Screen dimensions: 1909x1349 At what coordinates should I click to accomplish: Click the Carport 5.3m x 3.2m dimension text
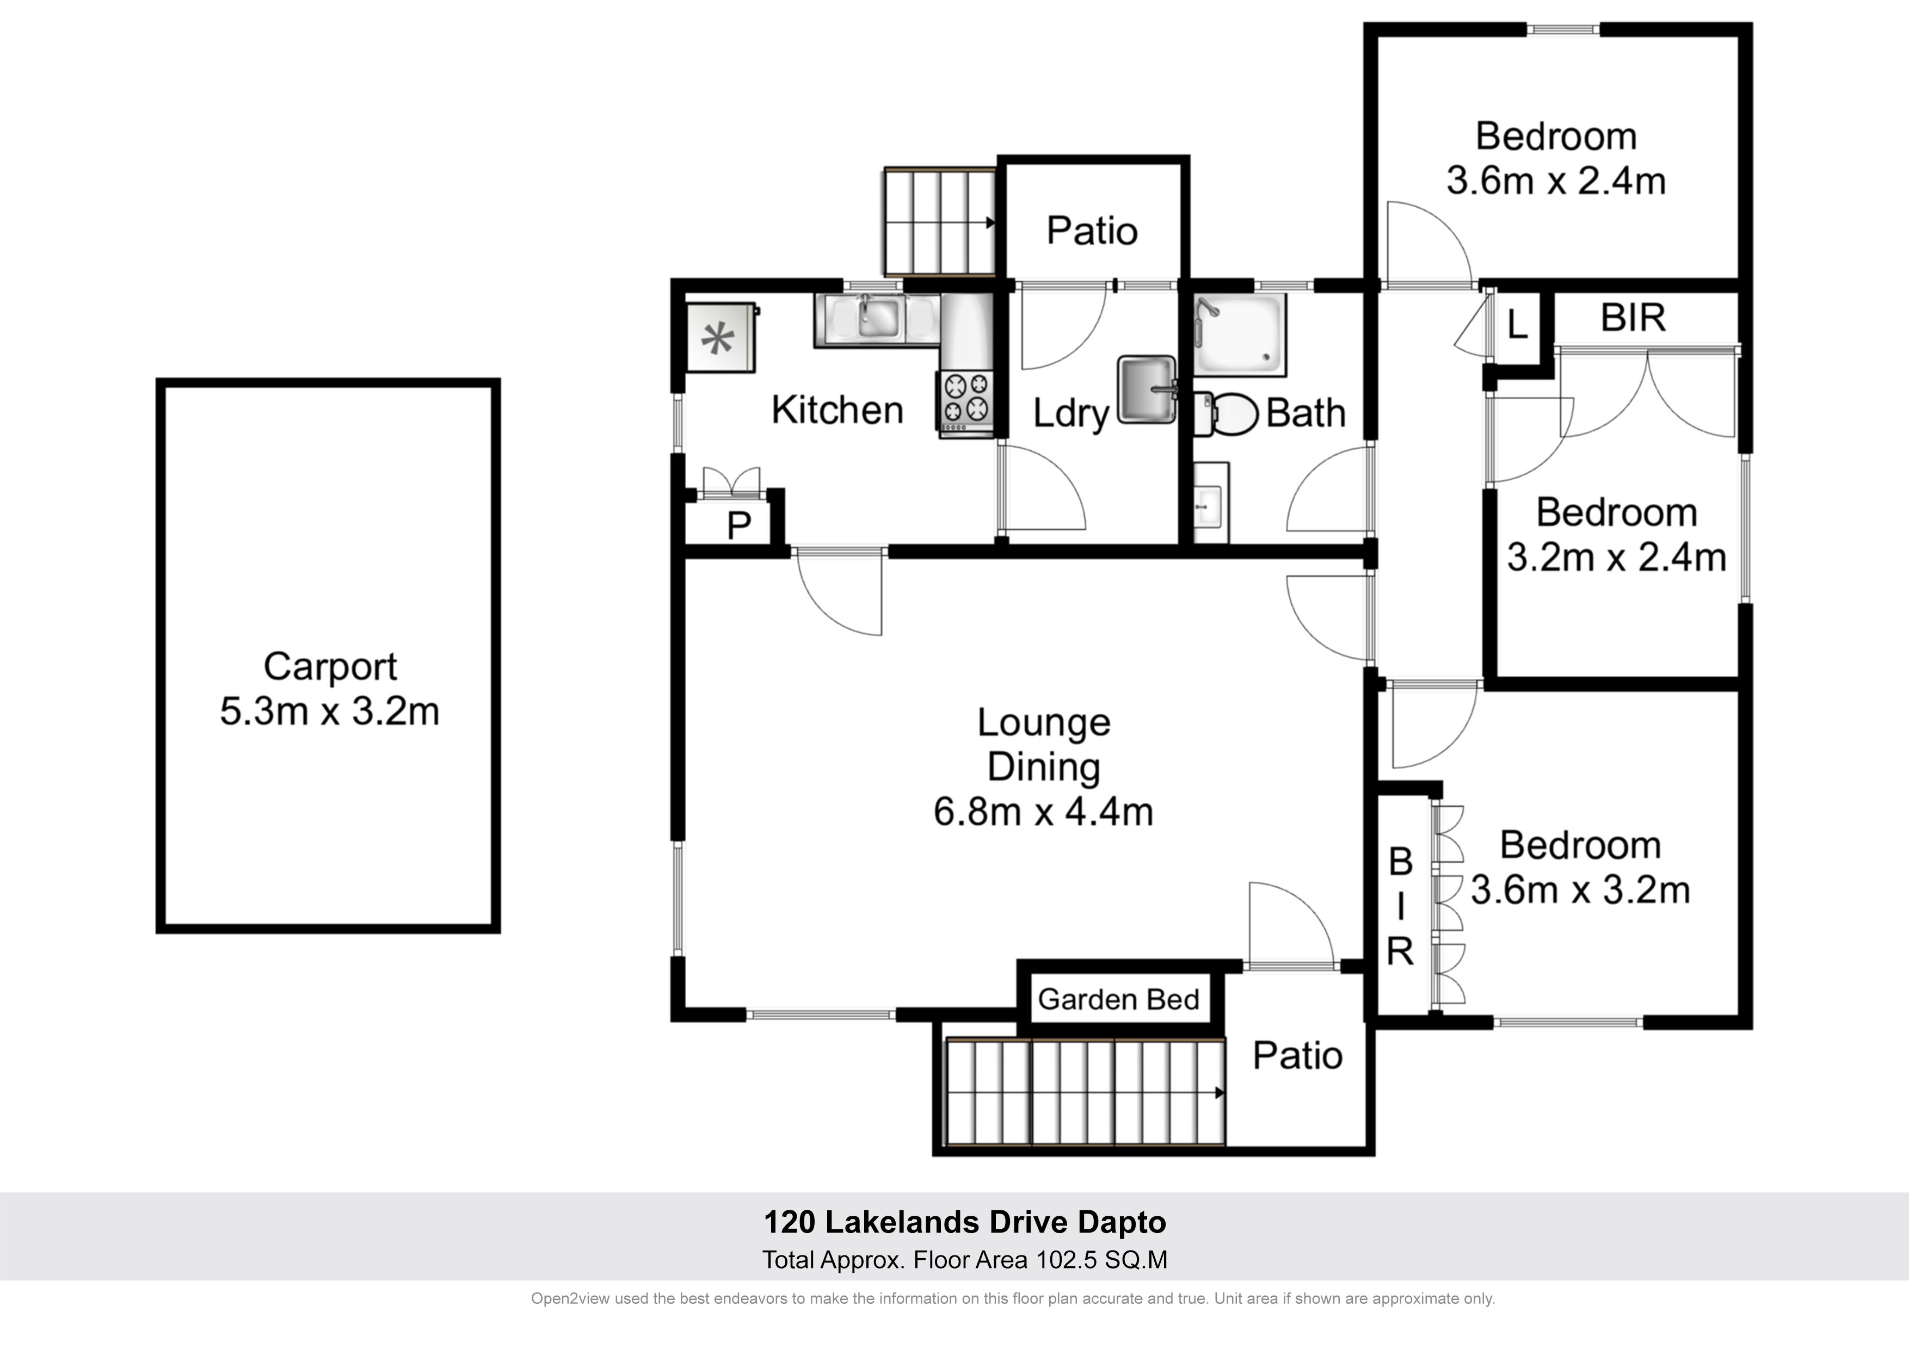point(329,711)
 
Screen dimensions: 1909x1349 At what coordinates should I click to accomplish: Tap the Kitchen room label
point(838,410)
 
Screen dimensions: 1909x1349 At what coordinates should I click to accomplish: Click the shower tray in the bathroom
point(1240,331)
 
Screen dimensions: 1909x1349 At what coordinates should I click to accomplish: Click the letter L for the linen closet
point(1517,324)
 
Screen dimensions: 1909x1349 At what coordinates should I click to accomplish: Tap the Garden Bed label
point(1118,999)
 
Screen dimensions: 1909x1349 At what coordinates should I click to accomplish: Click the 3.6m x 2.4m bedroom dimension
point(1556,181)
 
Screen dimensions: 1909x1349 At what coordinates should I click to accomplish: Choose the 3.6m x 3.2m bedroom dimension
point(1580,890)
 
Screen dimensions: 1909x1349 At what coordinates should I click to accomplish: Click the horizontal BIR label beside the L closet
point(1633,318)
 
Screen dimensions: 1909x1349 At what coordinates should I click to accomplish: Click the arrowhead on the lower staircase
point(1220,1093)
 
